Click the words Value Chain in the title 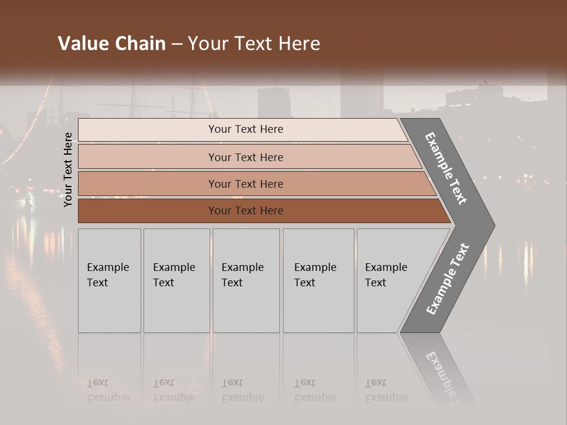click(112, 44)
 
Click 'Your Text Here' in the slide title click(254, 44)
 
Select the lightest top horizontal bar click(242, 130)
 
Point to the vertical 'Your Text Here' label click(68, 169)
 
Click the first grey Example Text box click(109, 280)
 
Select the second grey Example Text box click(176, 280)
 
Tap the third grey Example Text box click(246, 280)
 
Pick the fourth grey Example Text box click(318, 280)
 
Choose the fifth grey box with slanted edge click(390, 280)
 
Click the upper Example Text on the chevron click(446, 168)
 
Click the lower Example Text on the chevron click(448, 279)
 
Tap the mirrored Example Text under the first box click(107, 390)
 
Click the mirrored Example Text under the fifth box click(386, 390)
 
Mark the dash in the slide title click(177, 44)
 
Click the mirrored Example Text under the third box click(242, 390)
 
